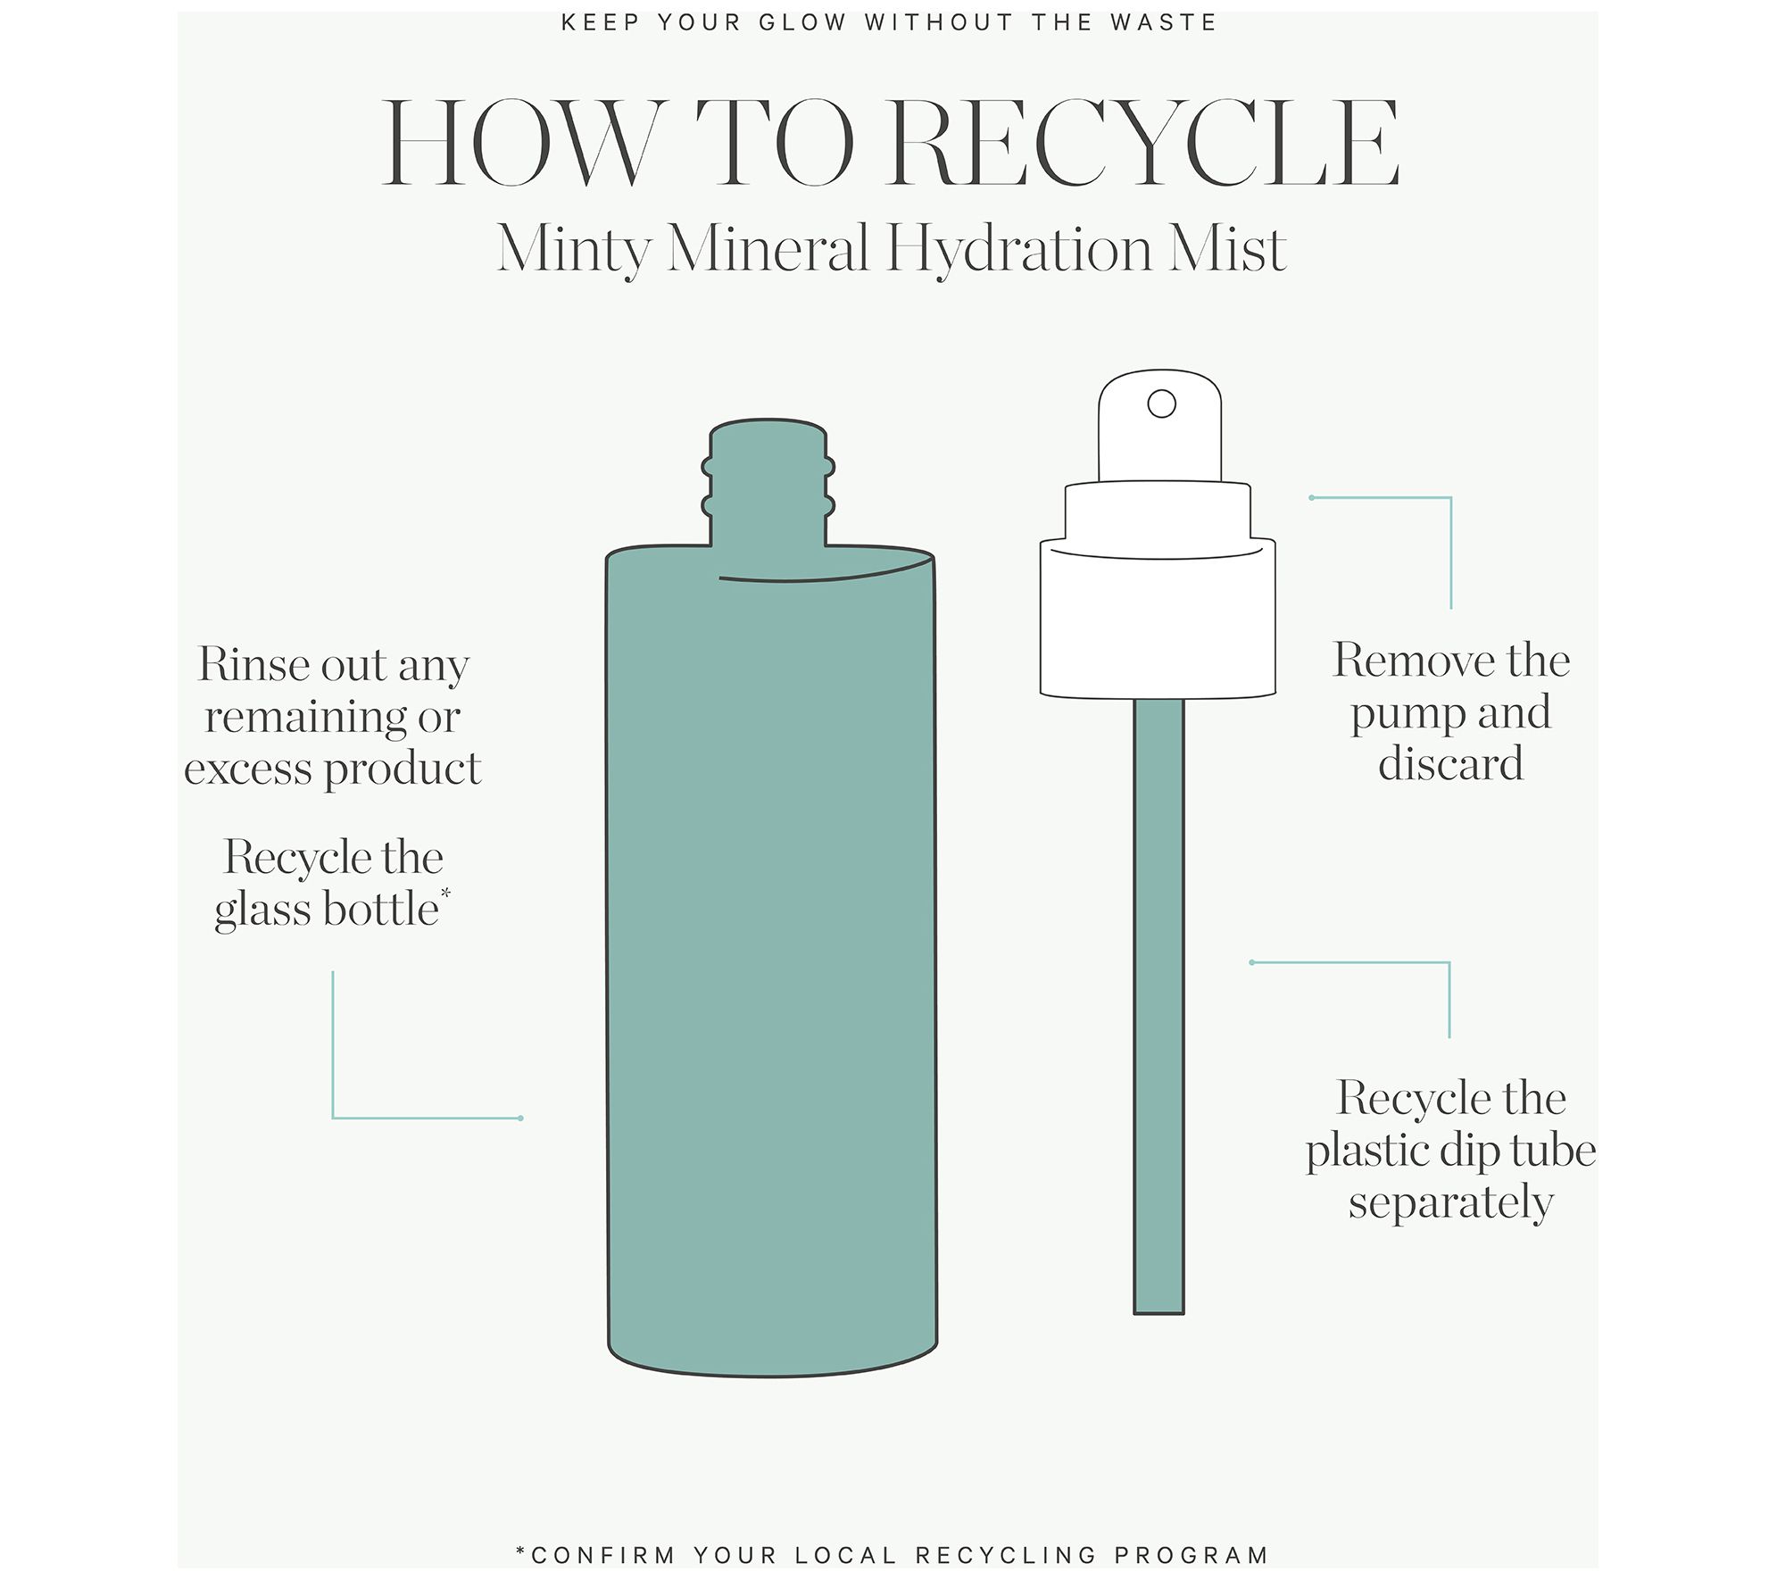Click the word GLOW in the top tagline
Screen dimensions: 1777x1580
click(x=802, y=23)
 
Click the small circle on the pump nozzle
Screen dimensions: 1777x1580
click(x=1161, y=403)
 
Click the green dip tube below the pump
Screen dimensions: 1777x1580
click(x=1158, y=1006)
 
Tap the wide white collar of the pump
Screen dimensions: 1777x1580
click(x=1158, y=618)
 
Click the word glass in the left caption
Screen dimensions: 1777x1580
click(x=263, y=911)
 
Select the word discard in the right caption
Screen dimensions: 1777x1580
click(x=1450, y=764)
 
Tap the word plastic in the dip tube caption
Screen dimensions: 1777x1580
click(x=1373, y=1152)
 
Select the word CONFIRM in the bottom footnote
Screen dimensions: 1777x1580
click(x=602, y=1556)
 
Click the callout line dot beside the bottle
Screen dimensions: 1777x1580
click(x=520, y=1118)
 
